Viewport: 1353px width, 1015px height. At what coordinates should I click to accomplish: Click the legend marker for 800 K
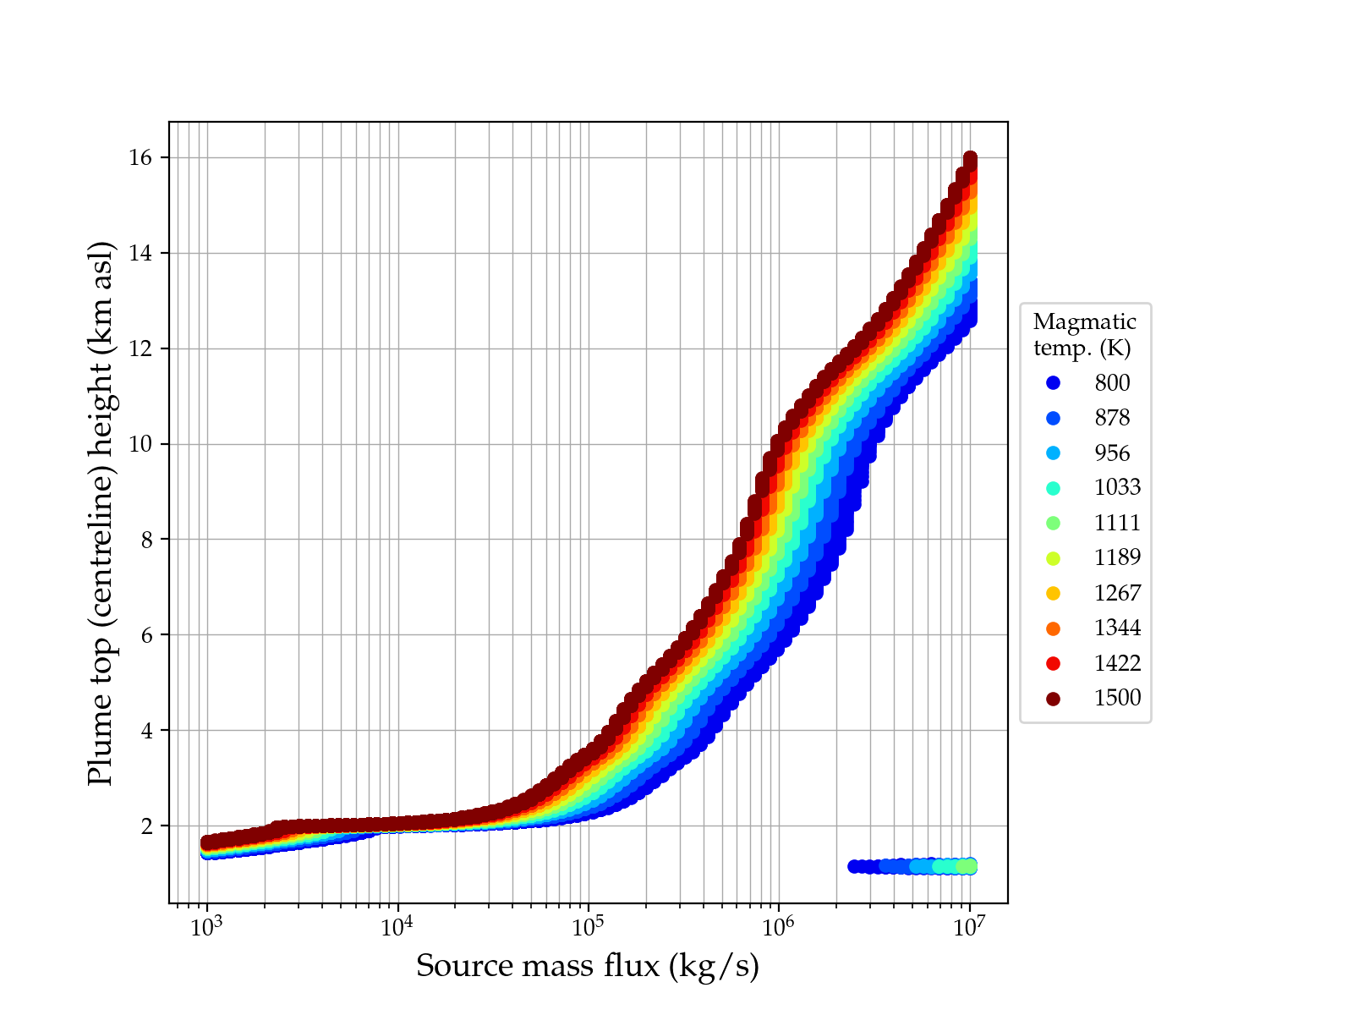tap(1053, 383)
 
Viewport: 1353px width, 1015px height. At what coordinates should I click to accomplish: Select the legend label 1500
tap(1117, 698)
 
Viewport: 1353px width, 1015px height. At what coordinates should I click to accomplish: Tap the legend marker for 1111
tap(1053, 523)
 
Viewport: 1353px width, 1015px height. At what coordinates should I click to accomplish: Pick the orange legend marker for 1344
tap(1053, 628)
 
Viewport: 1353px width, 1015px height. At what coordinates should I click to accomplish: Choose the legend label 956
tap(1112, 453)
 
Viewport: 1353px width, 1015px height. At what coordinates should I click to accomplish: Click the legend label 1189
tap(1117, 557)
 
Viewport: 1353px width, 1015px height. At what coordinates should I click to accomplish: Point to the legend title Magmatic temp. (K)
tap(1085, 334)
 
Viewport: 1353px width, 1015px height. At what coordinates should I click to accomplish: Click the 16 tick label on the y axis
tap(142, 158)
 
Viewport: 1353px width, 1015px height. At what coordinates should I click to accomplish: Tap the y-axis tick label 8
tap(147, 540)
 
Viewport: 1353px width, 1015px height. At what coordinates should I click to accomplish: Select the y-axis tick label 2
tap(147, 826)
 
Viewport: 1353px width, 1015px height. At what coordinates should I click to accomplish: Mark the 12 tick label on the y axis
tap(142, 348)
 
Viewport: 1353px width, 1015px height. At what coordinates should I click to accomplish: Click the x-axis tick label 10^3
tap(206, 927)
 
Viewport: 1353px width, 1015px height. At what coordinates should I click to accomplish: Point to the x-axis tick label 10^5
tap(588, 927)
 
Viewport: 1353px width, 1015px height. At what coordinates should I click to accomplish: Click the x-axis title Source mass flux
tap(588, 966)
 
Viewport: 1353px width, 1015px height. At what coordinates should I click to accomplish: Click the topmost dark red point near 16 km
tap(970, 159)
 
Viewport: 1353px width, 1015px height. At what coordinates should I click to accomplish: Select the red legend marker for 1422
tap(1053, 663)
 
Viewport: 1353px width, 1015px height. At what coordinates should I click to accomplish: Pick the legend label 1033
tap(1117, 488)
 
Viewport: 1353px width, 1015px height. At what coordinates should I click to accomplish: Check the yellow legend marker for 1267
tap(1053, 593)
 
